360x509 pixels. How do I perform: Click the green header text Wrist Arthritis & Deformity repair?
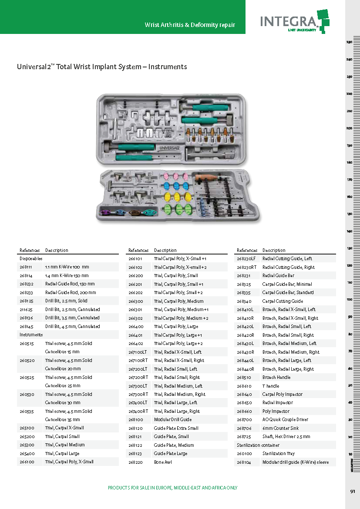[x=190, y=25]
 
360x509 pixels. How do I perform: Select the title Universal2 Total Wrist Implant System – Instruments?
[x=102, y=67]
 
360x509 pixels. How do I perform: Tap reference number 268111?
[x=26, y=267]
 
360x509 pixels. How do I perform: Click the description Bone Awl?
[x=163, y=462]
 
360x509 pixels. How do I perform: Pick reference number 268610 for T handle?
[x=244, y=386]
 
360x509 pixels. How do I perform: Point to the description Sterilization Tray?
[x=279, y=453]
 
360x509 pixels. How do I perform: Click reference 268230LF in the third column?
[x=246, y=259]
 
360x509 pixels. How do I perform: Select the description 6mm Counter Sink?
[x=280, y=428]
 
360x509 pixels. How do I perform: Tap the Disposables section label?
[x=31, y=259]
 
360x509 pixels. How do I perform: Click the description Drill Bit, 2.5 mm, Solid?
[x=66, y=301]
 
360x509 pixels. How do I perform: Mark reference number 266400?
[x=136, y=327]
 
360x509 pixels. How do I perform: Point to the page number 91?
[x=353, y=492]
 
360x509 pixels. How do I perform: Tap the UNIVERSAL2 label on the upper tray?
[x=169, y=148]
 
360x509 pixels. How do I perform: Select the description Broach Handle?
[x=276, y=377]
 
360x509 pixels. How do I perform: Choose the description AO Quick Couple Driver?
[x=285, y=419]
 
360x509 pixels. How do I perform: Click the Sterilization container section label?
[x=258, y=445]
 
